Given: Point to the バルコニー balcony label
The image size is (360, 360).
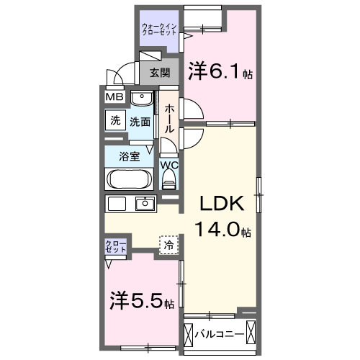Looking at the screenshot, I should pyautogui.click(x=220, y=334).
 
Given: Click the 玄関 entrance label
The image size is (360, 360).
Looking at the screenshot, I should pyautogui.click(x=160, y=73).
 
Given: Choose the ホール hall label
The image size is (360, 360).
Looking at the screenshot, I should pyautogui.click(x=169, y=118).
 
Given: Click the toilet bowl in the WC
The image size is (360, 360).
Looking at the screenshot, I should pyautogui.click(x=169, y=182).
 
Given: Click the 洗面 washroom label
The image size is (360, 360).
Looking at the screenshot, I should pyautogui.click(x=140, y=122).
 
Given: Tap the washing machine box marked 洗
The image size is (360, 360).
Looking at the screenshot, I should pyautogui.click(x=115, y=121).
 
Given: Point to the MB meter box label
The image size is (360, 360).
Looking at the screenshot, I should pyautogui.click(x=115, y=97).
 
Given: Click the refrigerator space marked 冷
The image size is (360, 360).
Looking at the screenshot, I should pyautogui.click(x=168, y=246).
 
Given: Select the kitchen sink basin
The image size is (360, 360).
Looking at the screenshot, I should pyautogui.click(x=146, y=203).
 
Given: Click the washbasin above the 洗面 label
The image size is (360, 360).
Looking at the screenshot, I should pyautogui.click(x=142, y=99).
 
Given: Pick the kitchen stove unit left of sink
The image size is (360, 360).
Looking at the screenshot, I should pyautogui.click(x=117, y=203).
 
